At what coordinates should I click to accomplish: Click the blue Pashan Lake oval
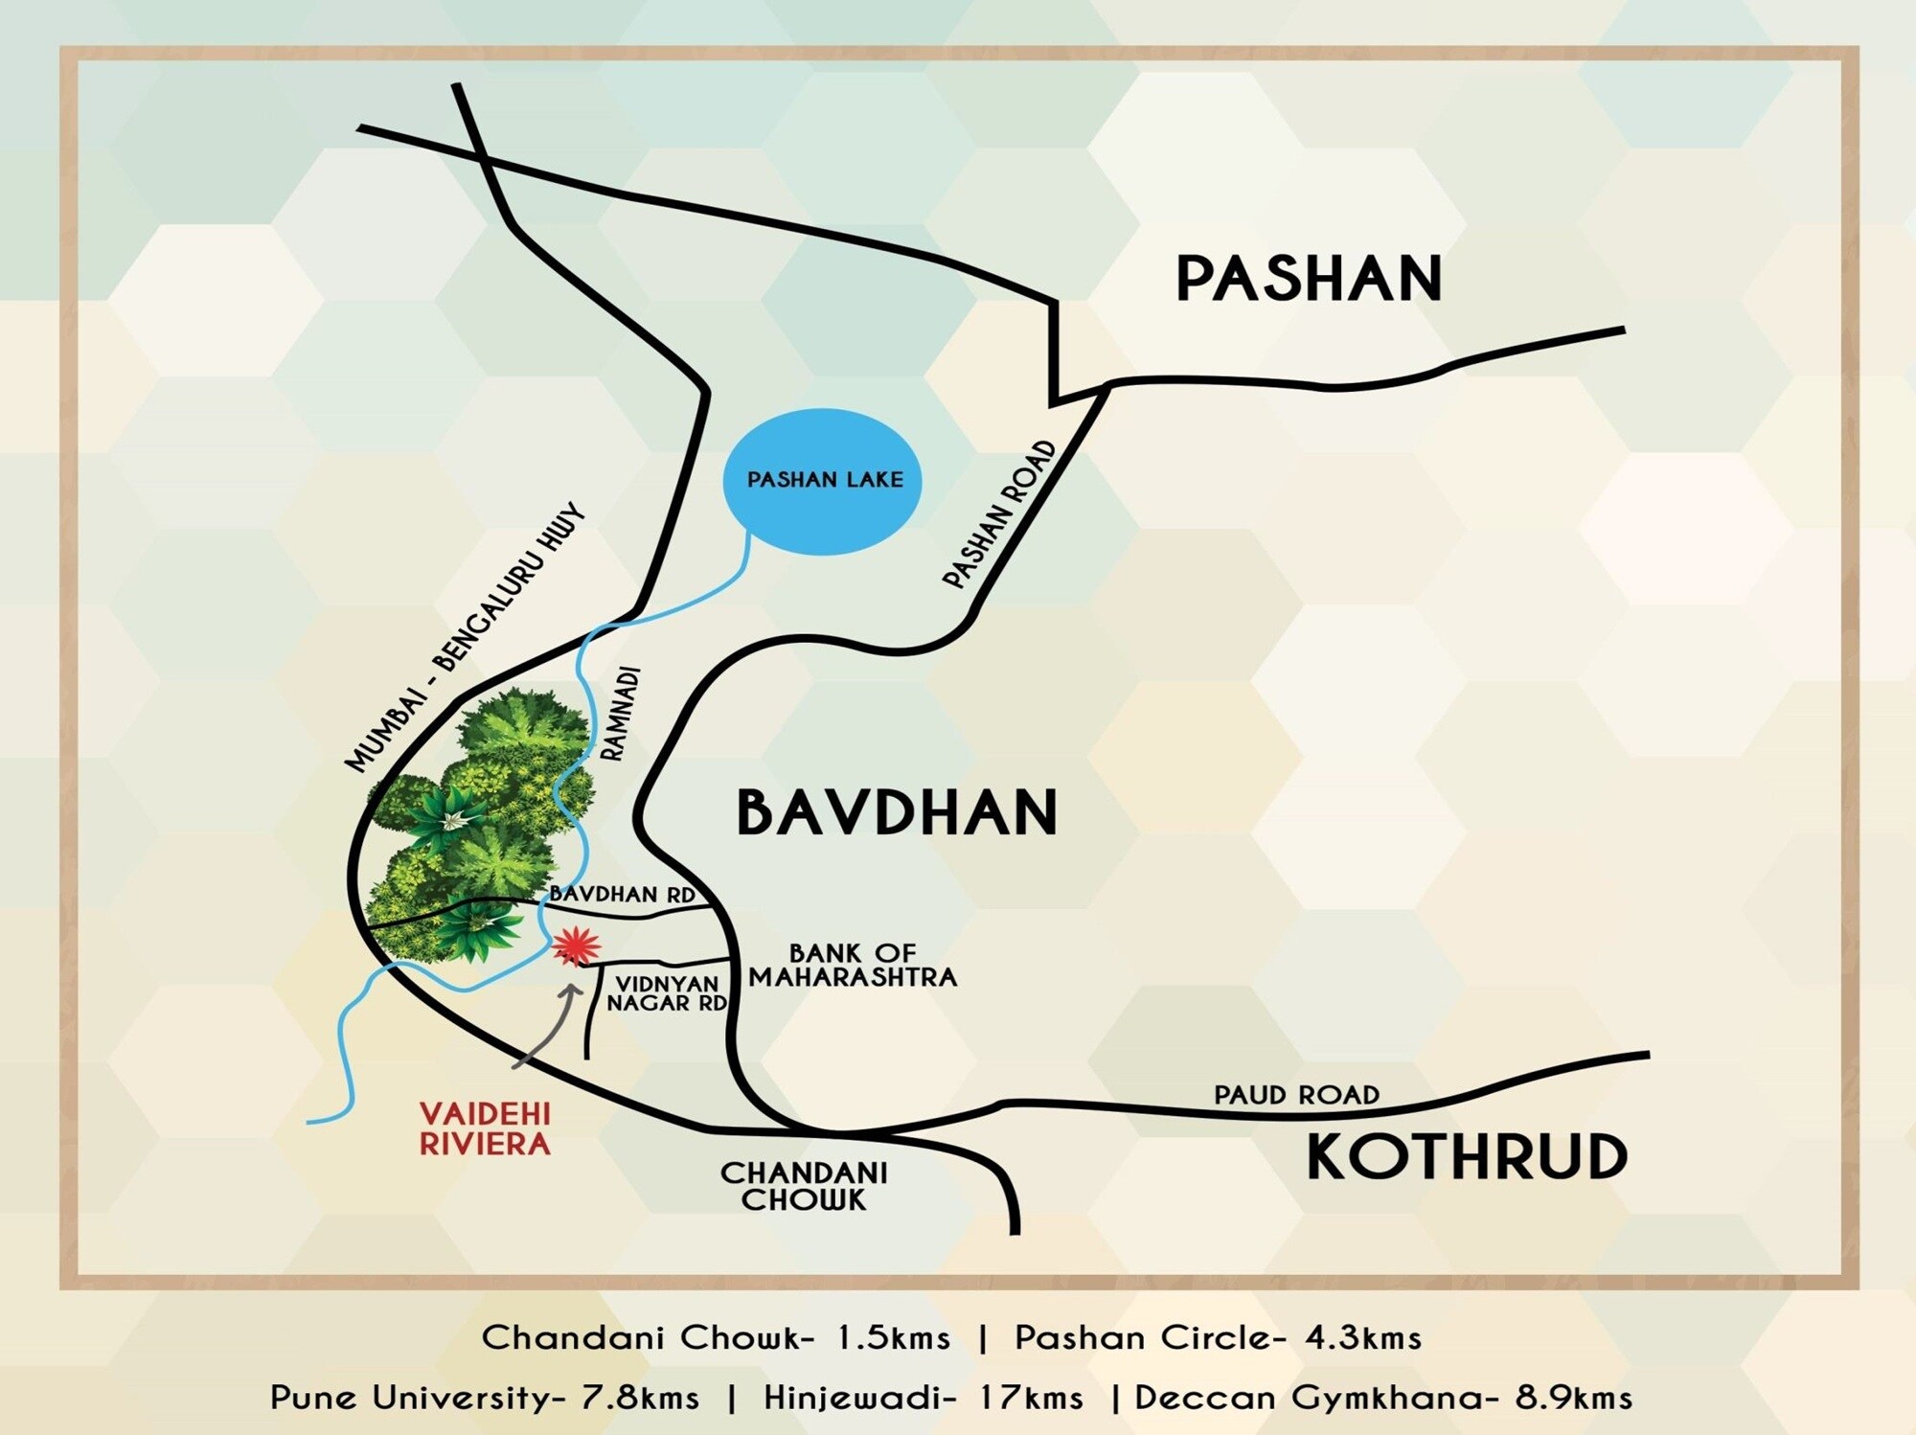[822, 481]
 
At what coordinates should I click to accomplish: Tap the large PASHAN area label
[1309, 279]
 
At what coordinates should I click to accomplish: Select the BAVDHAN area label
[897, 812]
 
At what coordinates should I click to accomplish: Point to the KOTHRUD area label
[1467, 1156]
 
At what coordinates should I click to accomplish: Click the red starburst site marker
[576, 946]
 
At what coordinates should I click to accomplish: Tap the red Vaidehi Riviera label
[485, 1128]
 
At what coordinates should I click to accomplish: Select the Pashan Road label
[999, 514]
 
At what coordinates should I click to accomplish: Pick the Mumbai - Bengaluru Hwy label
[465, 638]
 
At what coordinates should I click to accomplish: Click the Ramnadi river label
[623, 715]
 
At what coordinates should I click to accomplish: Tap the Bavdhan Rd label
[622, 894]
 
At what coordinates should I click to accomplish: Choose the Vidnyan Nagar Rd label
[668, 993]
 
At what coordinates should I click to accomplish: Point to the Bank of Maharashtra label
[853, 966]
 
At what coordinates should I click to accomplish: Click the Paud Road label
[1296, 1094]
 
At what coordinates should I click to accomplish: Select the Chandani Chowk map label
[804, 1186]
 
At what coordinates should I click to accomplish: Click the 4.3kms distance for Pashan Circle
[1363, 1337]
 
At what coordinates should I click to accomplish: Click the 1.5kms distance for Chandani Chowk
[894, 1337]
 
